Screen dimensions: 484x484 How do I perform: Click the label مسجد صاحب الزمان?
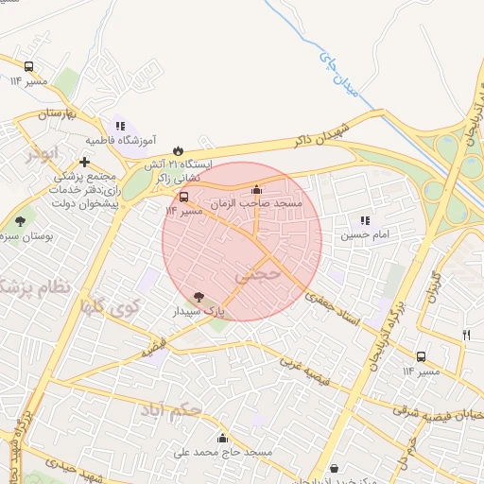(257, 203)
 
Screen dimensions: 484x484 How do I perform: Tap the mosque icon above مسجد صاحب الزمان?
(257, 189)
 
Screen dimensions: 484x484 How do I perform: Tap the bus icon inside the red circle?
(183, 198)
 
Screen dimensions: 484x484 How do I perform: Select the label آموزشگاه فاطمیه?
(119, 140)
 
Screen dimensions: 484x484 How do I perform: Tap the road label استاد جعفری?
(332, 309)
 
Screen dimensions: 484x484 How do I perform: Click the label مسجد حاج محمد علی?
(222, 453)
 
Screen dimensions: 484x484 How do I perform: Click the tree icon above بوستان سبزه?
(21, 221)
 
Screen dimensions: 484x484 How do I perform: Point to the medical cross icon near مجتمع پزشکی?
(86, 163)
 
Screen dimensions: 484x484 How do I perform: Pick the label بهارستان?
(54, 113)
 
